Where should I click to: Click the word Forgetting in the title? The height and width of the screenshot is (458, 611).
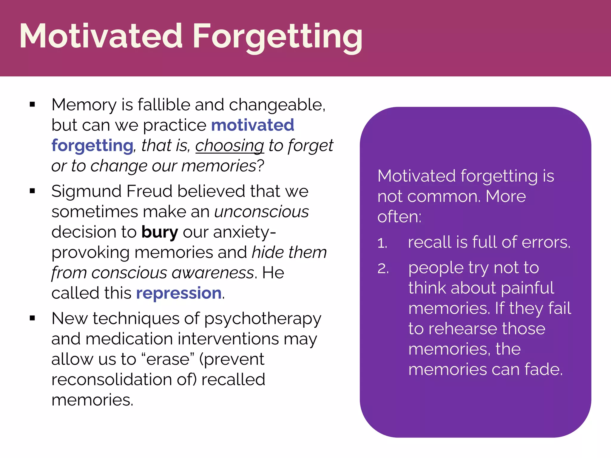(x=277, y=36)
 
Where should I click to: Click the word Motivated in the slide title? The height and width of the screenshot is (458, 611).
(x=101, y=36)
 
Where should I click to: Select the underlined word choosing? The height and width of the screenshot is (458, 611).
(x=229, y=146)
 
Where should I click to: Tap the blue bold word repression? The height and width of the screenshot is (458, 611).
(x=179, y=293)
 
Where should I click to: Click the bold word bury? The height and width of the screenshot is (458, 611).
(x=160, y=232)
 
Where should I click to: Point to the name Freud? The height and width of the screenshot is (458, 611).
(x=149, y=191)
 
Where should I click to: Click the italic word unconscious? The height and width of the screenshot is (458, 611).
(x=261, y=212)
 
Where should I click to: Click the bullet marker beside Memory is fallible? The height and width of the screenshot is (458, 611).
(x=33, y=105)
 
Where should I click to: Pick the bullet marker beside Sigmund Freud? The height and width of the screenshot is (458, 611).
(x=33, y=191)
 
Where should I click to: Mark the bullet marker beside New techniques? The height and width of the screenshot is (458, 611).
(x=33, y=318)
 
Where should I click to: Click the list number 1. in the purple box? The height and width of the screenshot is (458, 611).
(x=382, y=243)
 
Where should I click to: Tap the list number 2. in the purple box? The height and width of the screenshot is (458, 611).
(x=383, y=269)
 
